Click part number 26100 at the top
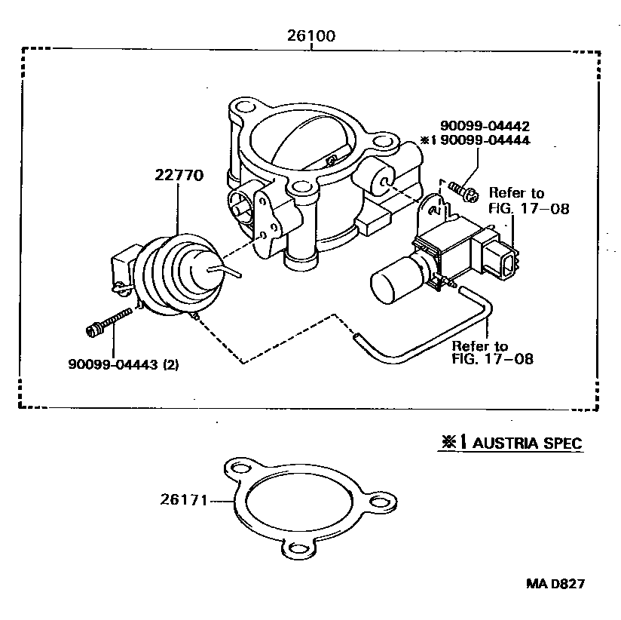pos(310,35)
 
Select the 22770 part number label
pos(179,176)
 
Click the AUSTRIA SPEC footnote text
pos(521,443)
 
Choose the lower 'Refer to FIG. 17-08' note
pos(492,353)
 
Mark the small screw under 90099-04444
pos(461,191)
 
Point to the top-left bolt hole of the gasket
pos(239,469)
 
